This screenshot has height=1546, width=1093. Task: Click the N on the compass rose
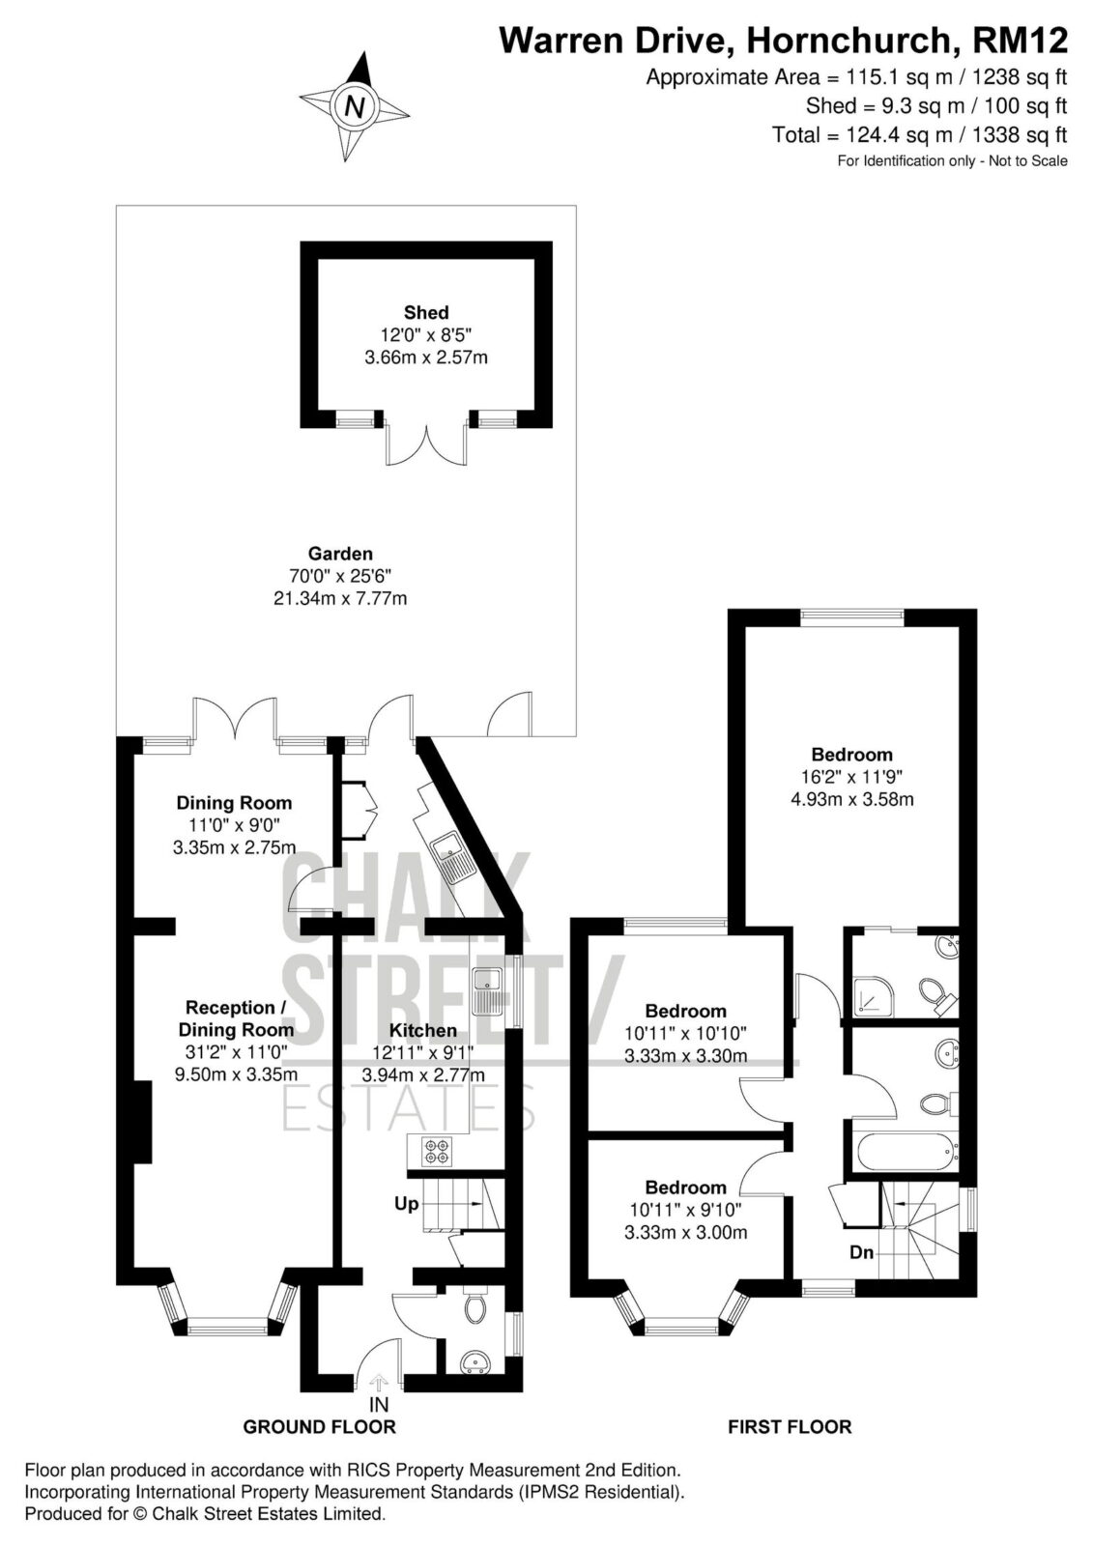355,107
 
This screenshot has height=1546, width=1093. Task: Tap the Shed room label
426,313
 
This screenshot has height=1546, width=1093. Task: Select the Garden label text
340,554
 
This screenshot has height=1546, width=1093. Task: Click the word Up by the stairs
407,1204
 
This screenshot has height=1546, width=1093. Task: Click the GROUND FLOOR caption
319,1426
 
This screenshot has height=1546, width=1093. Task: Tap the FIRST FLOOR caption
790,1426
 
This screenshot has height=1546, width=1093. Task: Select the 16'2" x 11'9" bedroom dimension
852,777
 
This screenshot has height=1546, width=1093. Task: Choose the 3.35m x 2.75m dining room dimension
234,847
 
